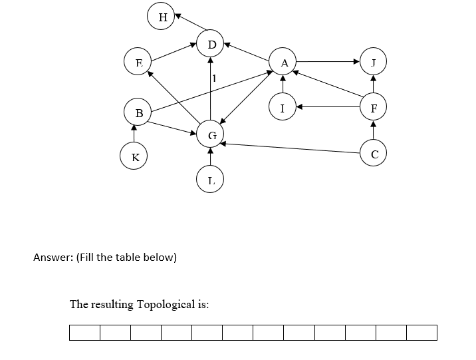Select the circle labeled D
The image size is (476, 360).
(x=211, y=45)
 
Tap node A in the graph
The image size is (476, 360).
(x=284, y=63)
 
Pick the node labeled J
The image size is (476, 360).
(x=374, y=63)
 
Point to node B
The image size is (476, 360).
(x=138, y=112)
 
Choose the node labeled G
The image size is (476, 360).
(x=211, y=135)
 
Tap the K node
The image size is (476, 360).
(x=135, y=158)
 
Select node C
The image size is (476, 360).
(x=374, y=154)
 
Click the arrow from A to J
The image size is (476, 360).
(x=329, y=63)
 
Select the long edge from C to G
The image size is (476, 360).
(x=293, y=146)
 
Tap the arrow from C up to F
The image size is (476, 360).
(x=374, y=130)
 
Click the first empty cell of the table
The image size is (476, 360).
(x=84, y=333)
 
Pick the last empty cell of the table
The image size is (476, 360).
(x=421, y=333)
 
